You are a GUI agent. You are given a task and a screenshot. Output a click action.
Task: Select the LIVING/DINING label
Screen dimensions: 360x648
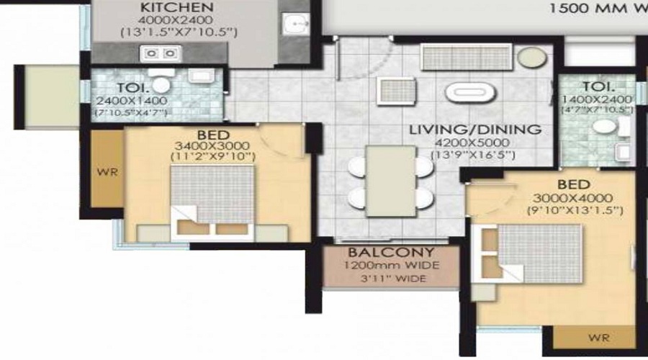tap(474, 130)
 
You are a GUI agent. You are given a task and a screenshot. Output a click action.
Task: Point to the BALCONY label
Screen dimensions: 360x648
tap(390, 253)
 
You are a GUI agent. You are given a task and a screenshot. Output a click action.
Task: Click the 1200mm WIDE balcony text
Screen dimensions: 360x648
tap(391, 266)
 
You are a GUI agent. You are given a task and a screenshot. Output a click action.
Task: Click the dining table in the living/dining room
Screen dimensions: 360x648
tap(391, 180)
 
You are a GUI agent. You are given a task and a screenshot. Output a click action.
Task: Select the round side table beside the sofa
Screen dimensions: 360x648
tap(534, 57)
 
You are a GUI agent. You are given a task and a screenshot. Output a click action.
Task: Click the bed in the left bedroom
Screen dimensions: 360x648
tap(212, 202)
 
